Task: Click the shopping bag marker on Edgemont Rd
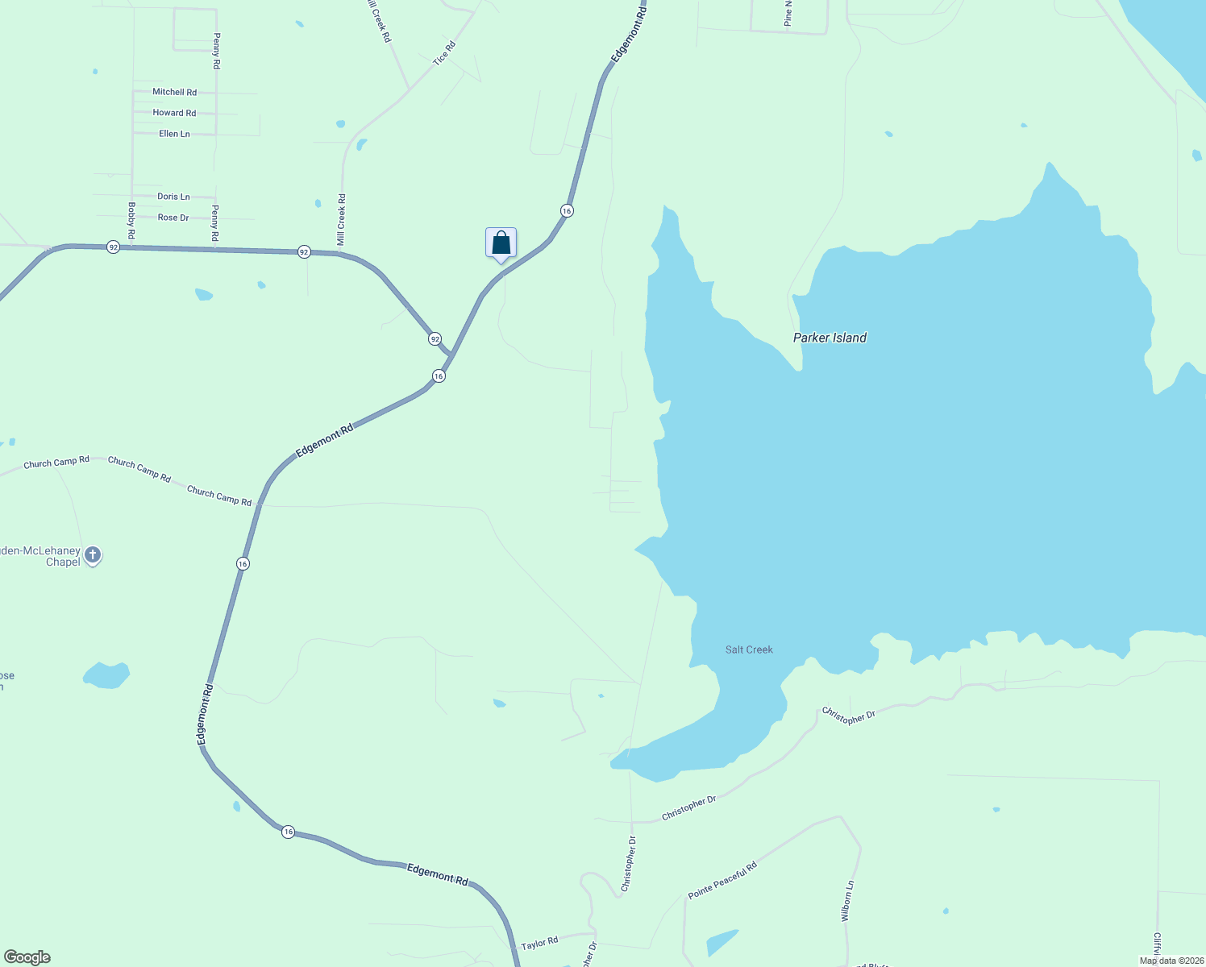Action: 501,243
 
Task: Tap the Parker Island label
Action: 830,338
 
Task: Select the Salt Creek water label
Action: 749,650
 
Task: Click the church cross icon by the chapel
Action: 93,554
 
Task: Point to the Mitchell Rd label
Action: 174,92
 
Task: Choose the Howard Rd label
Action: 174,113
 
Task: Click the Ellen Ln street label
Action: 174,134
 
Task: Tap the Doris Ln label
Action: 173,197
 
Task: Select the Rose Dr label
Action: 173,218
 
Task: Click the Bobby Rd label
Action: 131,220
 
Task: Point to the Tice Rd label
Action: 444,53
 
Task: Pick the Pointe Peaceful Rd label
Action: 722,881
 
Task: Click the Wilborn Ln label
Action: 846,901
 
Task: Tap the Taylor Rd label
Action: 539,943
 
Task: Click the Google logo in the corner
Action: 27,957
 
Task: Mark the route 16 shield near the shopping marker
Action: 567,210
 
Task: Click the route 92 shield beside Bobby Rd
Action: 114,247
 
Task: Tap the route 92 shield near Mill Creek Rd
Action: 304,251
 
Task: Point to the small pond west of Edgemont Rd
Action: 106,675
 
